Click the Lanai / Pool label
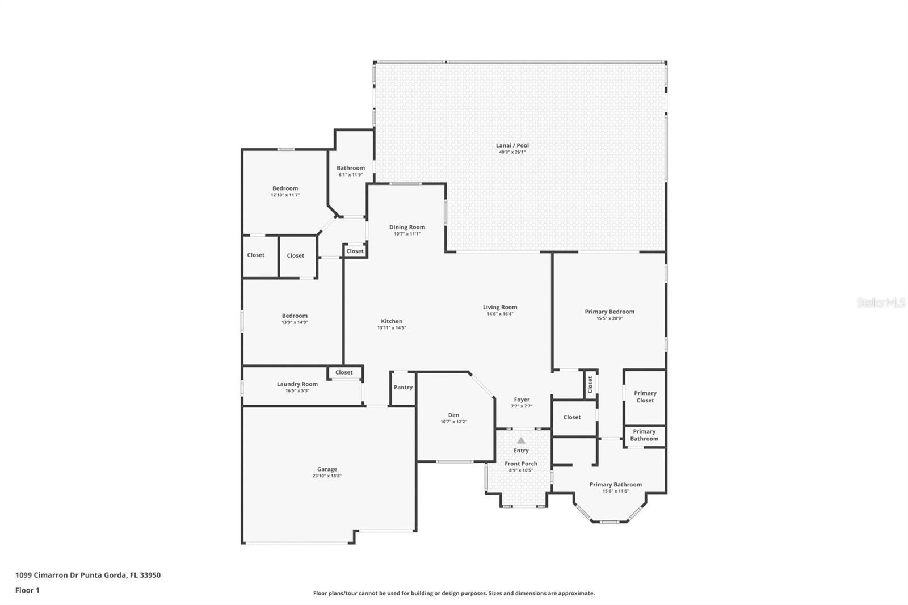512,145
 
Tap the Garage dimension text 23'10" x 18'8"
327,476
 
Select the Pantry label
403,387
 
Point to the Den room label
453,415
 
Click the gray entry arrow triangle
522,440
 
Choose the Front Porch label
521,464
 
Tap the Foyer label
522,400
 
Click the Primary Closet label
645,397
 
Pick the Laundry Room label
297,384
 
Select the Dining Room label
407,227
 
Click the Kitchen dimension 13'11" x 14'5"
392,327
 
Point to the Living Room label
500,307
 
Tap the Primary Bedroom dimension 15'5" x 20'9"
609,318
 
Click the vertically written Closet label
590,384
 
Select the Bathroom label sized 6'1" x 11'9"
351,168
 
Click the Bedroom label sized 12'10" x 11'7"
285,188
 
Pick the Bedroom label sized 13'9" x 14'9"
295,316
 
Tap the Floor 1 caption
27,590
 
